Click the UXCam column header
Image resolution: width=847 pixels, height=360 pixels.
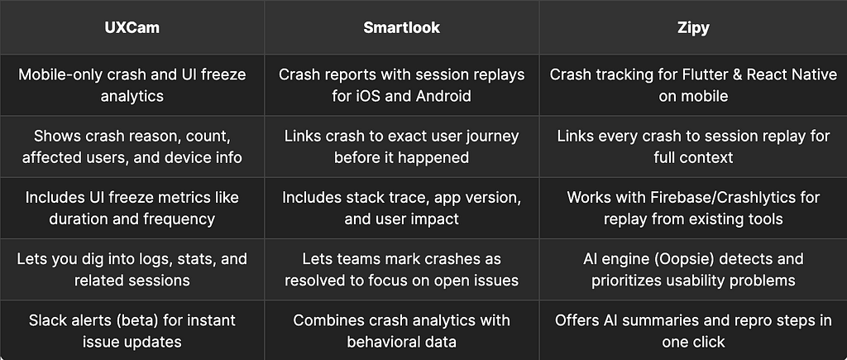tap(132, 27)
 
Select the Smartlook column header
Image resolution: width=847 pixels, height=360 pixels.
tap(401, 27)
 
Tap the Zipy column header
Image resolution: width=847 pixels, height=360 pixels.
tap(693, 27)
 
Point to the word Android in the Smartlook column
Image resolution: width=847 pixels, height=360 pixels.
tap(443, 96)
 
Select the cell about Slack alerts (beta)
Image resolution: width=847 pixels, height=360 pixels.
tap(132, 331)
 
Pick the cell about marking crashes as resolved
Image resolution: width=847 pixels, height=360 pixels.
tap(401, 270)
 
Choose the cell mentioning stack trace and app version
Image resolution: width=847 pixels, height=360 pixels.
tap(401, 208)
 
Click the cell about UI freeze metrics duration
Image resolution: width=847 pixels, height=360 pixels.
tap(132, 208)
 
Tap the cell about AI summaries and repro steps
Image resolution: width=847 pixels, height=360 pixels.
tap(693, 331)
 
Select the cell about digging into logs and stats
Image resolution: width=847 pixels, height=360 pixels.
tap(132, 270)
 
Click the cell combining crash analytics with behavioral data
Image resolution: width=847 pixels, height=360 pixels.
tap(401, 331)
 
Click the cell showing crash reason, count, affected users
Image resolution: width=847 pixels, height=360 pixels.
tap(132, 146)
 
